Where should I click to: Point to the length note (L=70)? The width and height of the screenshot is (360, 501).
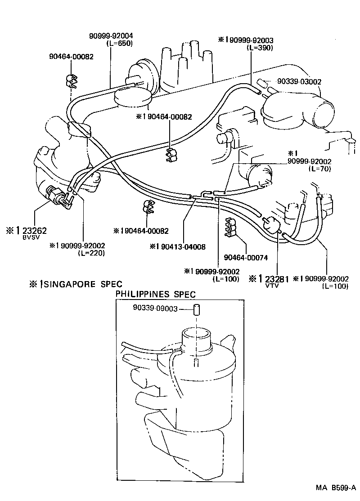(x=320, y=169)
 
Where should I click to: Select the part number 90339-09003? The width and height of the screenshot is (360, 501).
(x=155, y=309)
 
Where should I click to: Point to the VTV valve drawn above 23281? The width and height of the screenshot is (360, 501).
(x=272, y=224)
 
